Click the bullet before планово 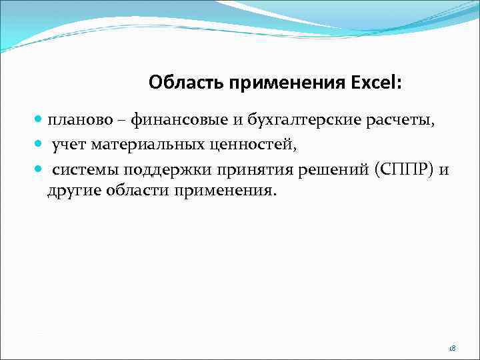click(x=39, y=121)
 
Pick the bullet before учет click(x=39, y=145)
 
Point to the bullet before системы click(x=39, y=169)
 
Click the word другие click(x=73, y=191)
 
